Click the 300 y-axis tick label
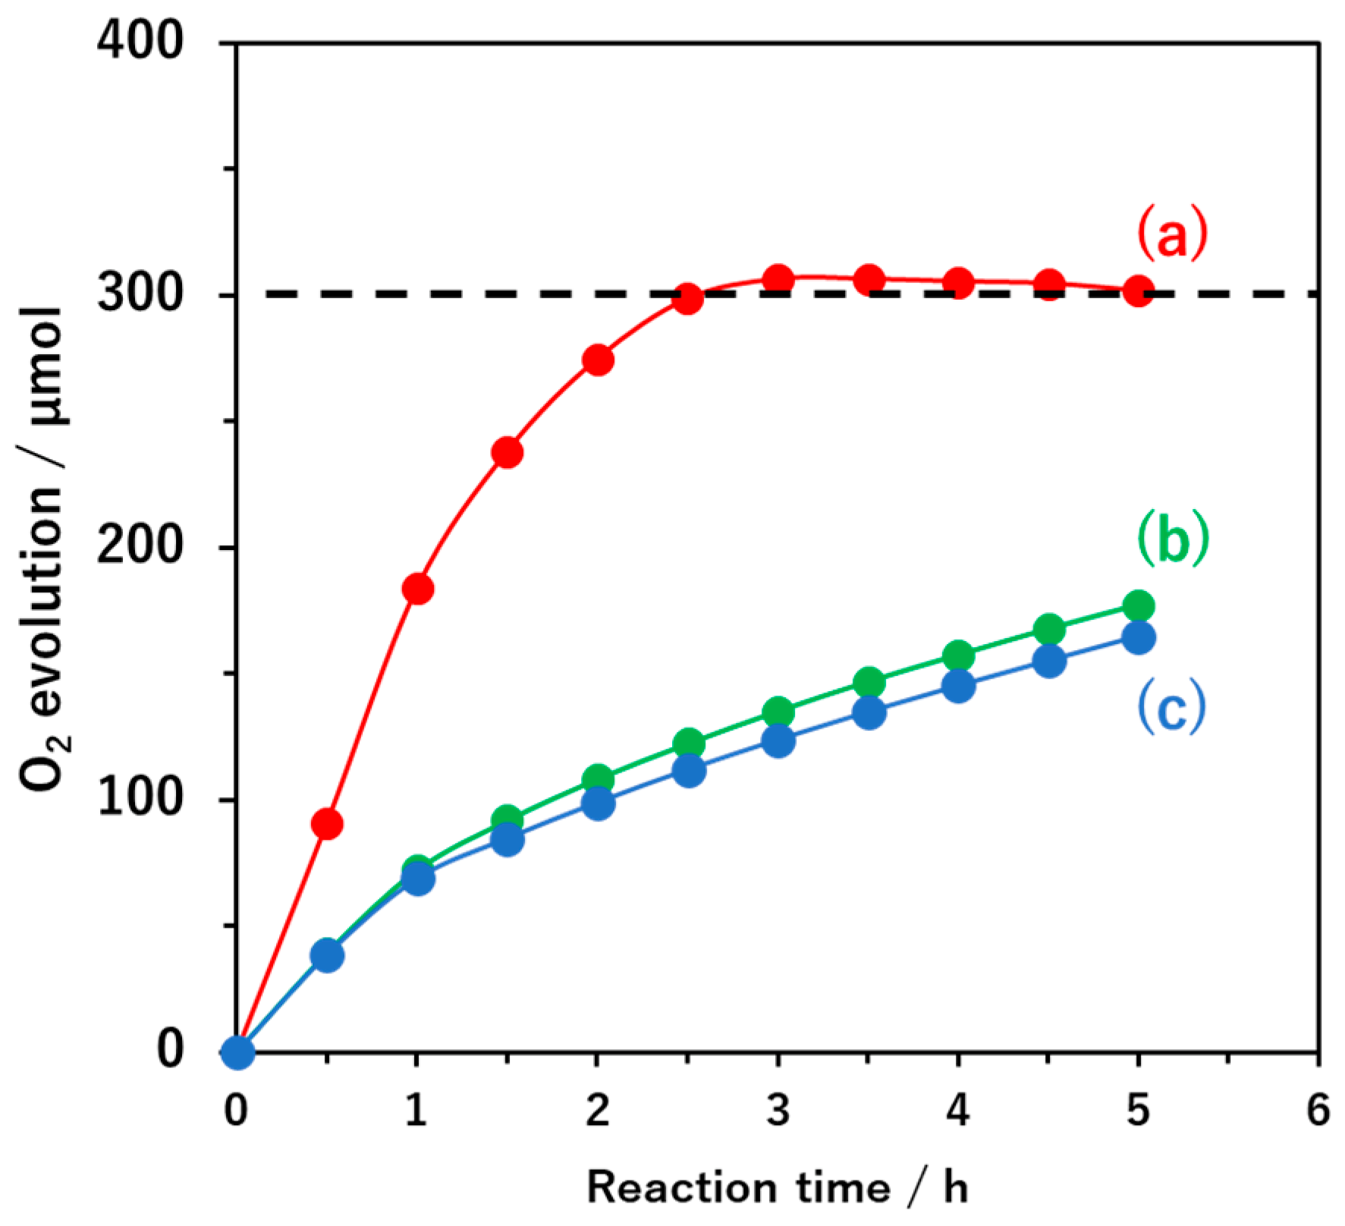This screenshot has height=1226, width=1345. coord(141,293)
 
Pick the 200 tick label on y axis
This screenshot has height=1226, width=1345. coord(141,545)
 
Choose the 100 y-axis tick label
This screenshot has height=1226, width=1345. coord(141,799)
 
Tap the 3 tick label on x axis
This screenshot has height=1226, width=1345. coord(778,1110)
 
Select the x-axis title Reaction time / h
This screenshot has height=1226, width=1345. coord(778,1188)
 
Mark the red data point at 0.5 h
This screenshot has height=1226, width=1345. coord(327,824)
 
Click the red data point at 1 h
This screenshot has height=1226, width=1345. coord(417,589)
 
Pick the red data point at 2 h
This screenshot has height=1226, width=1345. coord(598,360)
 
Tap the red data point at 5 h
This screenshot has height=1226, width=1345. coord(1138,291)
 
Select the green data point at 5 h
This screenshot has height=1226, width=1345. coord(1138,606)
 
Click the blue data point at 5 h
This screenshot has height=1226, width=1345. coord(1138,638)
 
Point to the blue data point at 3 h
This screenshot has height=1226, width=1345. coord(778,740)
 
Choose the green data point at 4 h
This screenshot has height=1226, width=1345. coord(958,655)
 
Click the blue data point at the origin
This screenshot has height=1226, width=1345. coord(237,1052)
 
